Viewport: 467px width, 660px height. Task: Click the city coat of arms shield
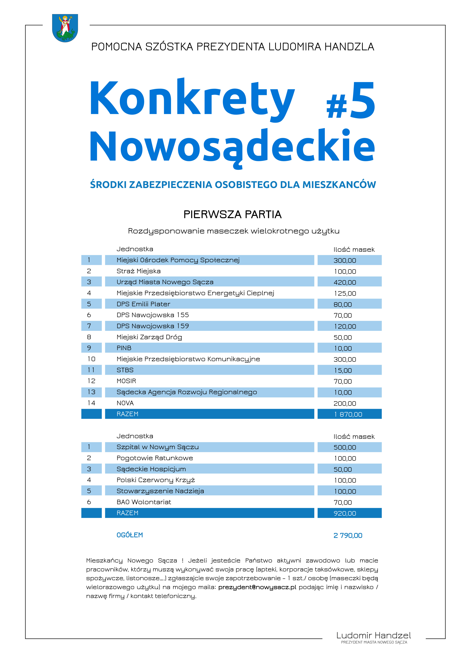[65, 28]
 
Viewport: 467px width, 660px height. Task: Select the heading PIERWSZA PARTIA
[232, 214]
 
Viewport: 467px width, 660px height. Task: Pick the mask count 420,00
[345, 282]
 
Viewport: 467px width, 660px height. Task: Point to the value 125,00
[345, 293]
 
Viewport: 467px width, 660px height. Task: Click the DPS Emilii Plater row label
[143, 304]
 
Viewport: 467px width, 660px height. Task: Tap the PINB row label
[124, 348]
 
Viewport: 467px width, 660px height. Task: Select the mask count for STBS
[343, 371]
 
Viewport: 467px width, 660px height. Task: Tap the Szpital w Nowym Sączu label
[158, 447]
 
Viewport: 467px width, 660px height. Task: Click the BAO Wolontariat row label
[144, 502]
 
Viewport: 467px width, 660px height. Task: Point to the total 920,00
[345, 513]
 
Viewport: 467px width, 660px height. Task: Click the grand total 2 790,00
[348, 535]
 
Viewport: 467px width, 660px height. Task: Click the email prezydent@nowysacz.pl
[257, 587]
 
